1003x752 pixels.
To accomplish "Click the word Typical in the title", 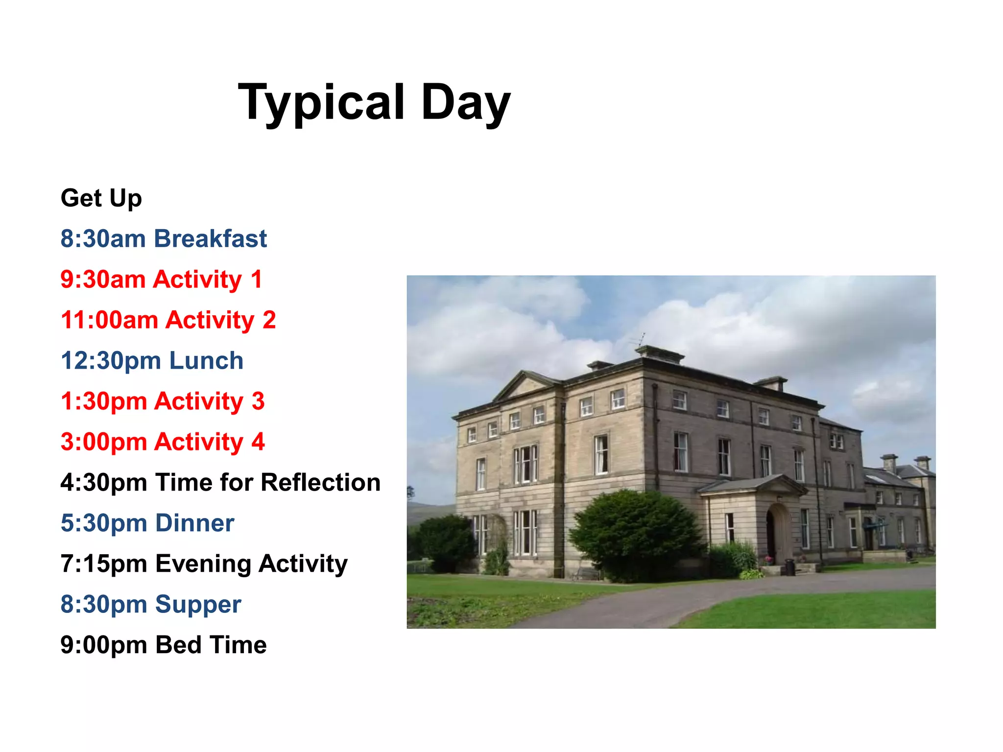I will pos(321,103).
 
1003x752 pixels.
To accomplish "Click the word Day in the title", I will pos(465,103).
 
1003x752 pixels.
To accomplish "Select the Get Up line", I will pos(101,198).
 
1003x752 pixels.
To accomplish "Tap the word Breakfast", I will pos(211,239).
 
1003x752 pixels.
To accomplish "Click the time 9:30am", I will pos(103,280).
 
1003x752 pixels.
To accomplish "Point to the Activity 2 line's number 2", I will pos(269,320).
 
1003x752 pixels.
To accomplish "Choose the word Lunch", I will pos(206,361).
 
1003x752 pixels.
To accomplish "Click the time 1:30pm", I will pos(103,401).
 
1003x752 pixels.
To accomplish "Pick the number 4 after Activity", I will pos(258,442).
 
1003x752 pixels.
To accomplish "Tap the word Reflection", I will pos(321,483).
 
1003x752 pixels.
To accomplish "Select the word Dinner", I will pos(195,523).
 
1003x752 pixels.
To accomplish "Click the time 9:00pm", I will pos(103,645).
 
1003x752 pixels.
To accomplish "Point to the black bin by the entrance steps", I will pos(789,567).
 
